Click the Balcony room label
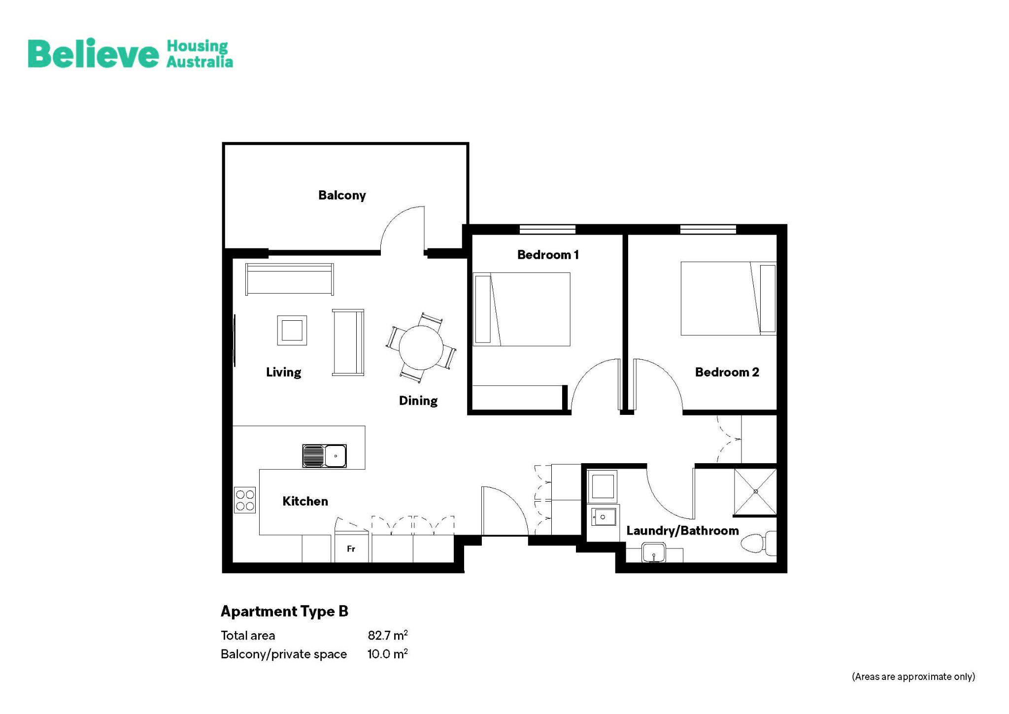point(342,195)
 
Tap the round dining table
point(421,348)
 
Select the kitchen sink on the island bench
point(324,456)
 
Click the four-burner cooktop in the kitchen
point(245,500)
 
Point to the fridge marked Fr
point(351,548)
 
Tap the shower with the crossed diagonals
point(755,491)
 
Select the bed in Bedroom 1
point(522,309)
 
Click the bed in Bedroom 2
point(728,299)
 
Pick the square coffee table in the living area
point(292,330)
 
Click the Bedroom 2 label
point(727,372)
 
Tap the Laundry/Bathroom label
point(682,531)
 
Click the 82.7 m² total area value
point(387,635)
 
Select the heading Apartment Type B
point(284,612)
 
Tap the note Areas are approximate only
point(913,677)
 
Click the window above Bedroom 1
point(547,229)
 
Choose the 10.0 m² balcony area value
point(387,654)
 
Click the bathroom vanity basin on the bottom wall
point(654,553)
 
